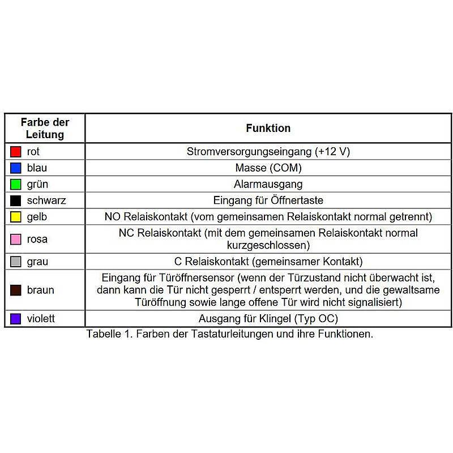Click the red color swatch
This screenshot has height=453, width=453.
pyautogui.click(x=16, y=152)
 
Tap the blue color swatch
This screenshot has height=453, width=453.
pyautogui.click(x=16, y=168)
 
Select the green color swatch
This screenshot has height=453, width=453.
pyautogui.click(x=16, y=184)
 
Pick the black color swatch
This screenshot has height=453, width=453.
pyautogui.click(x=16, y=200)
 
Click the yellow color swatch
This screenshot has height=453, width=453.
pyautogui.click(x=16, y=217)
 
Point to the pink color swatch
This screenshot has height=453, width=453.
pyautogui.click(x=16, y=239)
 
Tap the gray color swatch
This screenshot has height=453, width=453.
pyautogui.click(x=16, y=262)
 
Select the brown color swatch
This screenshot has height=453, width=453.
pyautogui.click(x=16, y=290)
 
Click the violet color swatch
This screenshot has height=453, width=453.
pyautogui.click(x=16, y=319)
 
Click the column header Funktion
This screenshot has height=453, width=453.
pyautogui.click(x=268, y=128)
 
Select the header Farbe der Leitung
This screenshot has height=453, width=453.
pyautogui.click(x=45, y=129)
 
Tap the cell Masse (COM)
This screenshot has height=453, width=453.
pyautogui.click(x=268, y=168)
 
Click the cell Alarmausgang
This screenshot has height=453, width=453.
pyautogui.click(x=268, y=184)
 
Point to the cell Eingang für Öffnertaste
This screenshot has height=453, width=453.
pyautogui.click(x=268, y=200)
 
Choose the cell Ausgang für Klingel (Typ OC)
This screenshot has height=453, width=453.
pyautogui.click(x=268, y=319)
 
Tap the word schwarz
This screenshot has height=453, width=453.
pyautogui.click(x=47, y=200)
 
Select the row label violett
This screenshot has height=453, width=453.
pyautogui.click(x=41, y=319)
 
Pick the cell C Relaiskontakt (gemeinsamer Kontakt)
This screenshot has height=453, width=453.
pyautogui.click(x=268, y=262)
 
